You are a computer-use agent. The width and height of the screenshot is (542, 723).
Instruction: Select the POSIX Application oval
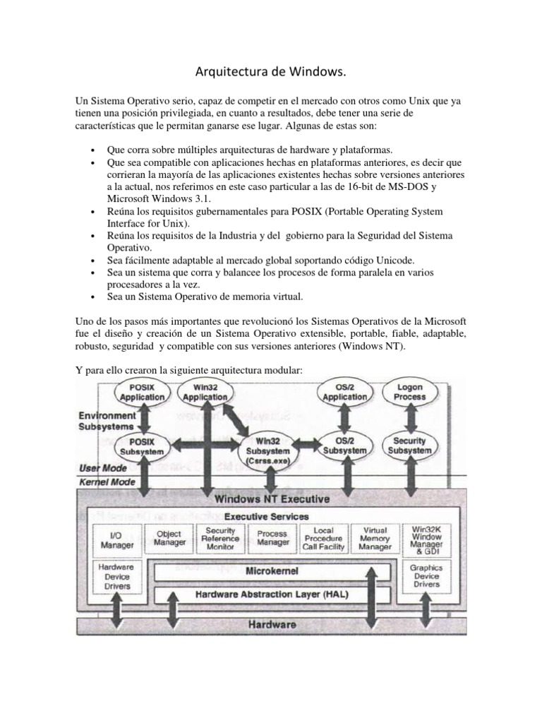(143, 392)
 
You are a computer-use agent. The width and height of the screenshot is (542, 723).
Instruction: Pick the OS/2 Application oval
(345, 392)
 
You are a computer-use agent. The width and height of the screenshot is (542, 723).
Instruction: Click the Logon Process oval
(410, 392)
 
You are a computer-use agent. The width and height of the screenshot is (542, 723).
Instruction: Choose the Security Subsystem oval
(410, 446)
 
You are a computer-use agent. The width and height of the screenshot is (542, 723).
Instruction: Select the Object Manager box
(169, 538)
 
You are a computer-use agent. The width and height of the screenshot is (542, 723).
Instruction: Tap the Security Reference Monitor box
(220, 539)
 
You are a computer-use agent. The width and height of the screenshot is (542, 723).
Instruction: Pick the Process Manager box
(272, 539)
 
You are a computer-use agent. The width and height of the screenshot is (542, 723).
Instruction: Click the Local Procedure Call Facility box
(324, 539)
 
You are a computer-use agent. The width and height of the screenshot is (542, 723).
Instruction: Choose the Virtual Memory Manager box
(375, 539)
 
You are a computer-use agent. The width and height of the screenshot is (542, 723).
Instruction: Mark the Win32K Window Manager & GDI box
(426, 539)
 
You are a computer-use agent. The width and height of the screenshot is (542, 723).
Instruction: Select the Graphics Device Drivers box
(426, 575)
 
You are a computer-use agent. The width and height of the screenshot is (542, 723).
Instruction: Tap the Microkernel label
(272, 570)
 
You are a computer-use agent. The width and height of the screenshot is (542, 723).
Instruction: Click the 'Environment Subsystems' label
(107, 422)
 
